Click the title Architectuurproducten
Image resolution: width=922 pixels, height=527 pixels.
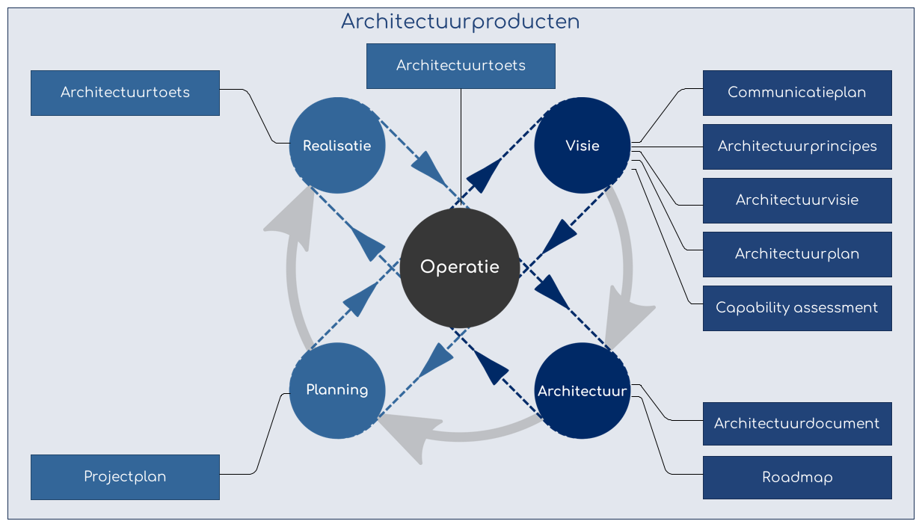point(460,22)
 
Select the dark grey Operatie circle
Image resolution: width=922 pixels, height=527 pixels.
point(460,268)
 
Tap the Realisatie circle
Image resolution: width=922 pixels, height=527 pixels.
point(336,146)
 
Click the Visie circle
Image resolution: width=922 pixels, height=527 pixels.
point(582,146)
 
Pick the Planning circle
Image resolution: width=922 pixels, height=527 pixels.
point(336,390)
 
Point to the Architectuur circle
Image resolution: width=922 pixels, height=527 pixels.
point(582,391)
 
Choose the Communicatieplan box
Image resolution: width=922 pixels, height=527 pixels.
point(797,93)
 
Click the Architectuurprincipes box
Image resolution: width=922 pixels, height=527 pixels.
point(797,147)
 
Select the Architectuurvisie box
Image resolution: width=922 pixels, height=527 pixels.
point(797,200)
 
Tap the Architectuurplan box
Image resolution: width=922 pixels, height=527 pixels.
point(797,254)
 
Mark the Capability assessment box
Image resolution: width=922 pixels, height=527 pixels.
point(797,308)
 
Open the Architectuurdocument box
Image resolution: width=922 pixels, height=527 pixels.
point(797,424)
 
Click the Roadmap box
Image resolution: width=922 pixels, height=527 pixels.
point(797,478)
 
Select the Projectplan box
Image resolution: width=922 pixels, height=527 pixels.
point(125,477)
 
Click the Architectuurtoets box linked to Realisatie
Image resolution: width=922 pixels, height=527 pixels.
point(125,93)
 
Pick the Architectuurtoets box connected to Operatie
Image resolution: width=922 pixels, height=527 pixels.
point(461,66)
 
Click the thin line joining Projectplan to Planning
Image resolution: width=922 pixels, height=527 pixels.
point(269,434)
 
